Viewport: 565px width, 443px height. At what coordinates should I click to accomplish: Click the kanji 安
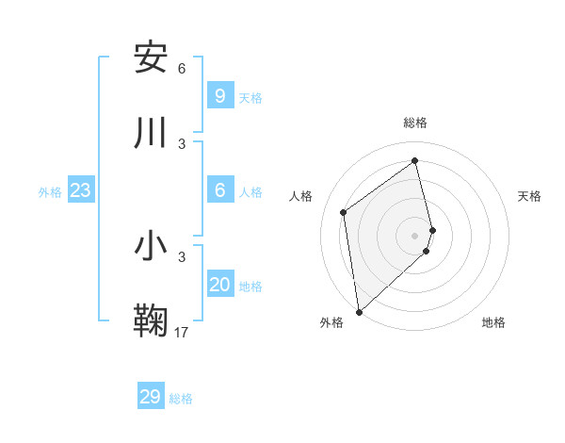[x=151, y=58]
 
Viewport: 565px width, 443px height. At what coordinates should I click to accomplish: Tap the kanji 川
[x=151, y=134]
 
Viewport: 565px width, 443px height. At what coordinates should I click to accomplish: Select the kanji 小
[x=151, y=247]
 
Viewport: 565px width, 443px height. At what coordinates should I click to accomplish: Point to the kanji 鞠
[x=151, y=321]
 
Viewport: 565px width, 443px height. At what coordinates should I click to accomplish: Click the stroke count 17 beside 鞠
[x=182, y=332]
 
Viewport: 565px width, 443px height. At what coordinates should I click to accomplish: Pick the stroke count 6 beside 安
[x=182, y=69]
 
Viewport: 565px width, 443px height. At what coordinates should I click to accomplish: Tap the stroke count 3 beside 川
[x=182, y=143]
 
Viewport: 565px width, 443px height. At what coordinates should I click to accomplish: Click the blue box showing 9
[x=220, y=96]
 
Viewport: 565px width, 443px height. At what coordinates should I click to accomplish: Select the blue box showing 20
[x=220, y=285]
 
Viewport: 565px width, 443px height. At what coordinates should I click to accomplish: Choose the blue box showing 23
[x=81, y=190]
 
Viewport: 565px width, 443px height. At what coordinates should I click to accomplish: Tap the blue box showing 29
[x=151, y=397]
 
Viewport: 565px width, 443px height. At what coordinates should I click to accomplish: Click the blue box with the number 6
[x=220, y=190]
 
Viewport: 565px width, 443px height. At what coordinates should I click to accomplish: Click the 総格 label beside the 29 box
[x=181, y=399]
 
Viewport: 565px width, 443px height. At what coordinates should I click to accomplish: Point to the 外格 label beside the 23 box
[x=50, y=192]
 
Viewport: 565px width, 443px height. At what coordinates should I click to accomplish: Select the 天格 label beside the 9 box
[x=250, y=98]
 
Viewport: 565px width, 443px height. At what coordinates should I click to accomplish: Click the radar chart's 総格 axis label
[x=415, y=123]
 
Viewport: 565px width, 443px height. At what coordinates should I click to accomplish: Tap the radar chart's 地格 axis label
[x=493, y=322]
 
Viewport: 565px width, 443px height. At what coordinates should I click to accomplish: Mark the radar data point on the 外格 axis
[x=359, y=312]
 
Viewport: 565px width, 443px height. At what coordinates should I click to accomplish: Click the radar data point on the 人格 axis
[x=344, y=212]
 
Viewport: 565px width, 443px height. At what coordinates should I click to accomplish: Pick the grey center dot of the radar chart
[x=415, y=235]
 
